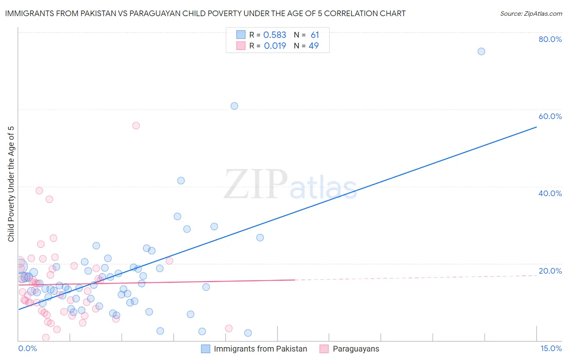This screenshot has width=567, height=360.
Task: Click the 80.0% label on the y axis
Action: point(550,39)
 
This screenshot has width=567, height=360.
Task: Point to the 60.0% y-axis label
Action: point(550,116)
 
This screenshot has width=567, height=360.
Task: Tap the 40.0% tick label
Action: point(550,193)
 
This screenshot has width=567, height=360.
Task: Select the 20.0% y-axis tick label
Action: point(550,271)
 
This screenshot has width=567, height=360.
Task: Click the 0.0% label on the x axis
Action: point(27,349)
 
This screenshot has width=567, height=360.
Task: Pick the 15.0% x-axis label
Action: point(551,349)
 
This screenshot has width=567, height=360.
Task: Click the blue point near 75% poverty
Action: point(481,51)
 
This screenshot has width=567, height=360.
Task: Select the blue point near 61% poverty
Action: point(234,106)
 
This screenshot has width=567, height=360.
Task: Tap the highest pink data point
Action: point(136,126)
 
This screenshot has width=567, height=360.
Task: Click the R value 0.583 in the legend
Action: point(275,35)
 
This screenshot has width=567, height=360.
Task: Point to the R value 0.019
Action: point(275,46)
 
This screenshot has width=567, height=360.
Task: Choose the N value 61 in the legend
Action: point(315,35)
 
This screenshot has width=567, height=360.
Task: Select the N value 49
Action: point(314,46)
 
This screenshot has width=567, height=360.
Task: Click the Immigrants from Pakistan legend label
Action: point(260,349)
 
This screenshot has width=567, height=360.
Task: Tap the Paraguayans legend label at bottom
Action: point(356,349)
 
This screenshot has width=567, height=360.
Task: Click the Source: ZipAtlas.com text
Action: point(531,13)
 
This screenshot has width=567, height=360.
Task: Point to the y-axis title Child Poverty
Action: point(11,184)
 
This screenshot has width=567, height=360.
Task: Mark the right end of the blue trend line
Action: point(536,127)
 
